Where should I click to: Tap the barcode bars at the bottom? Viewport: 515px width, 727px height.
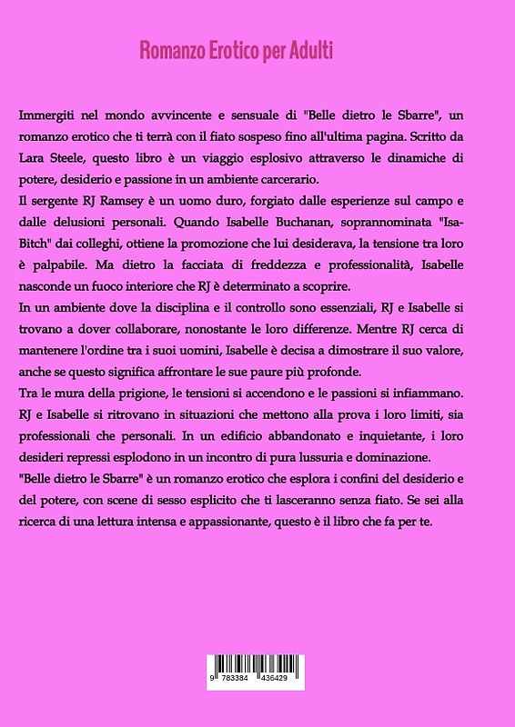257,665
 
